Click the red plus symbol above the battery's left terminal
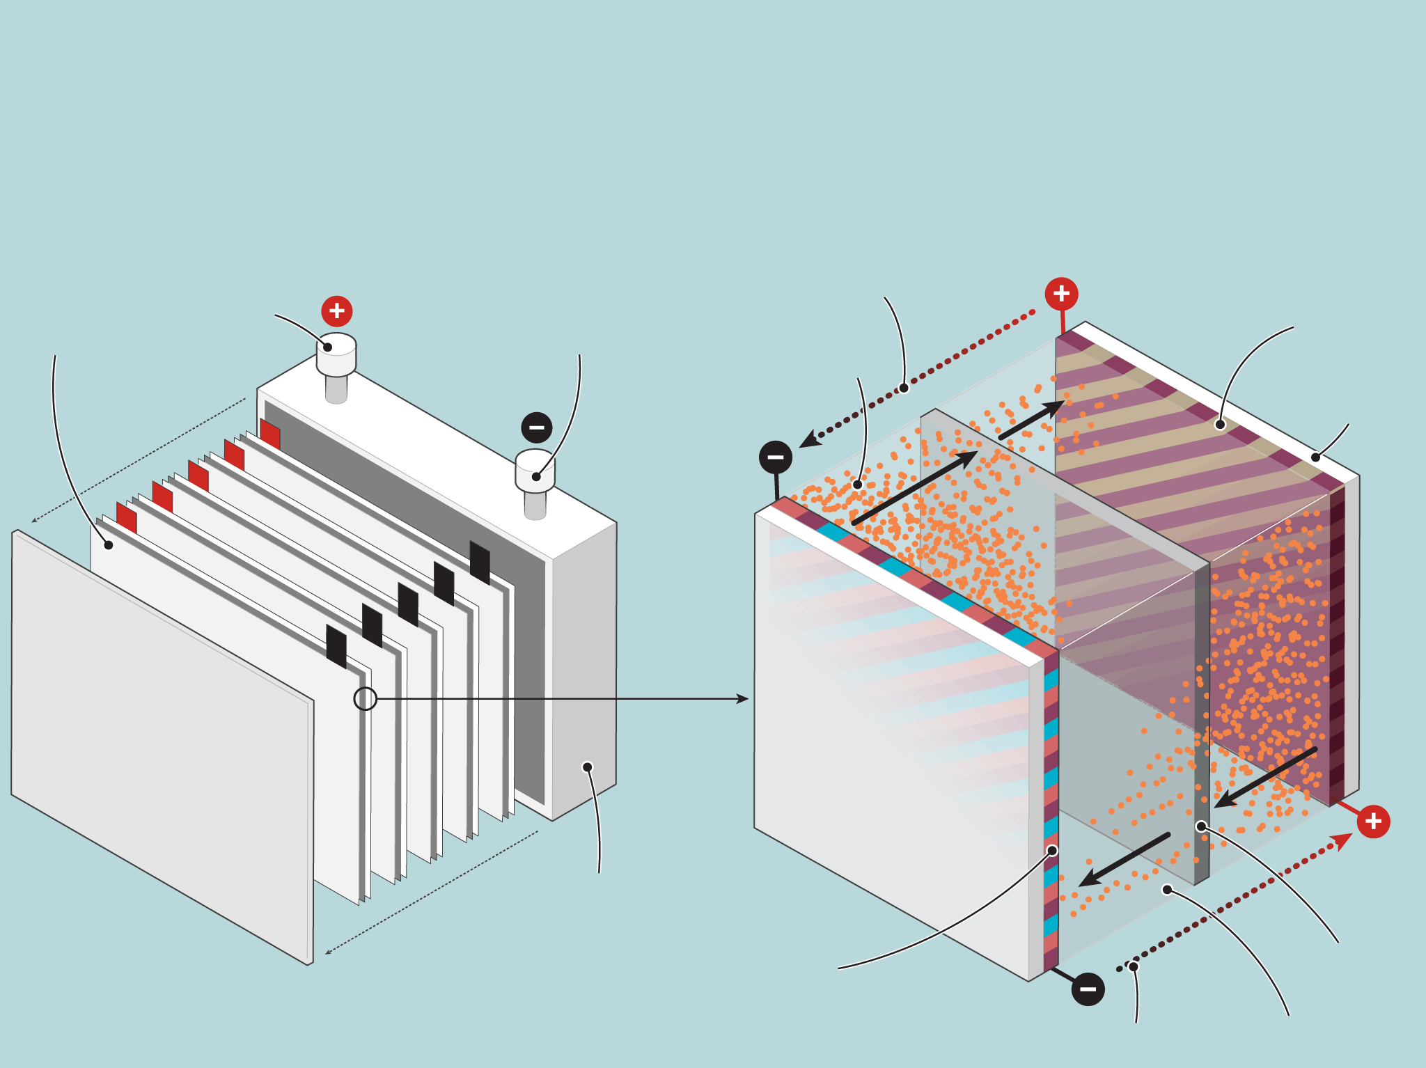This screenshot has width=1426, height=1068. [337, 311]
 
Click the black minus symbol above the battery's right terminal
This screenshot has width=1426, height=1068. [537, 427]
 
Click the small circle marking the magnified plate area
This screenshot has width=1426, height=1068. [366, 698]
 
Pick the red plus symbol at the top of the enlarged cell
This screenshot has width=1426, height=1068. [1061, 294]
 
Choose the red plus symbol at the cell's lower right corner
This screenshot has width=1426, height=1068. [1373, 822]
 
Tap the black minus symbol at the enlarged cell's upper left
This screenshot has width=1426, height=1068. [776, 457]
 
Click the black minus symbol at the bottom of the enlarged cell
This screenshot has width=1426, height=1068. [1088, 989]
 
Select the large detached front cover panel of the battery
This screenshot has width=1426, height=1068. [160, 745]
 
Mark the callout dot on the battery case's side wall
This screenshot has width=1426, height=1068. [588, 767]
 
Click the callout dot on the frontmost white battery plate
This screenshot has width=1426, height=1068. [109, 545]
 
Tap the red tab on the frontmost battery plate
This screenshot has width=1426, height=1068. [127, 518]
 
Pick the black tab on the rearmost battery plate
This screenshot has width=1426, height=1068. [480, 562]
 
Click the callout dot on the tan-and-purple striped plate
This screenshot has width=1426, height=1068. [1220, 425]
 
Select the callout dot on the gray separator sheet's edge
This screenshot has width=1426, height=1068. [1201, 826]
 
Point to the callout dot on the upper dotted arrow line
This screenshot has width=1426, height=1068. [904, 388]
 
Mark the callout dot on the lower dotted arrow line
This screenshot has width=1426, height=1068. [1134, 966]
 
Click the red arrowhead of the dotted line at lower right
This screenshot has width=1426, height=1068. [1343, 840]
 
